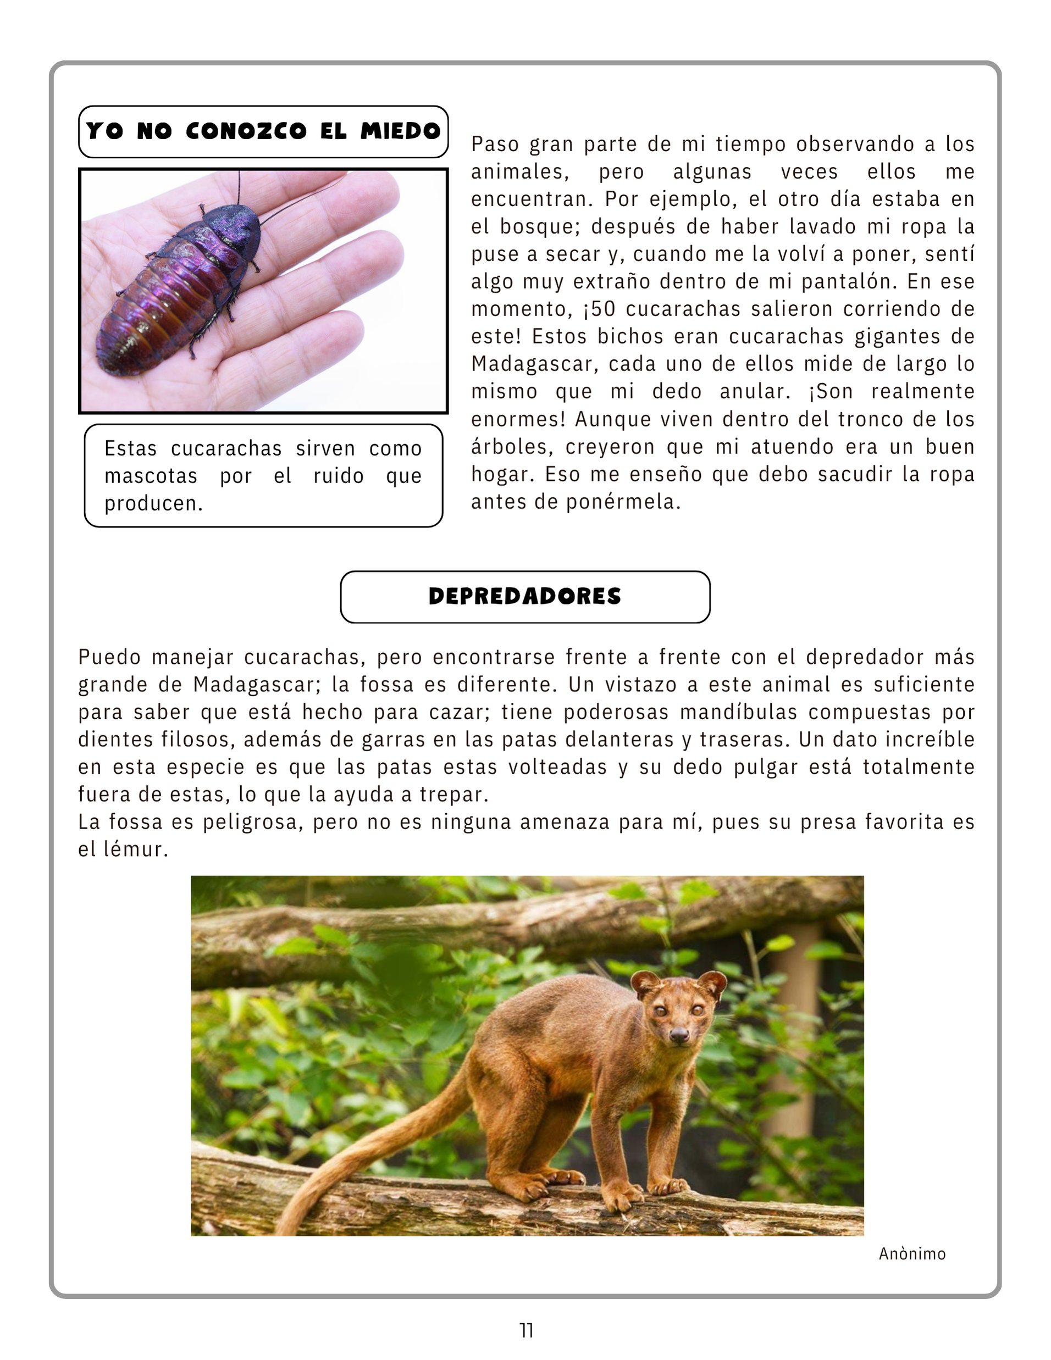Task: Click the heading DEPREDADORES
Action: click(524, 597)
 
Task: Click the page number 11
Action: click(526, 1330)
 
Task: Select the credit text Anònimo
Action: click(912, 1253)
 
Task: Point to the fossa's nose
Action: click(679, 1034)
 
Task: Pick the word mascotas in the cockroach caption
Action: click(151, 476)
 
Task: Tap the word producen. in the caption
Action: click(153, 504)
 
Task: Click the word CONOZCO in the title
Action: click(246, 131)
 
